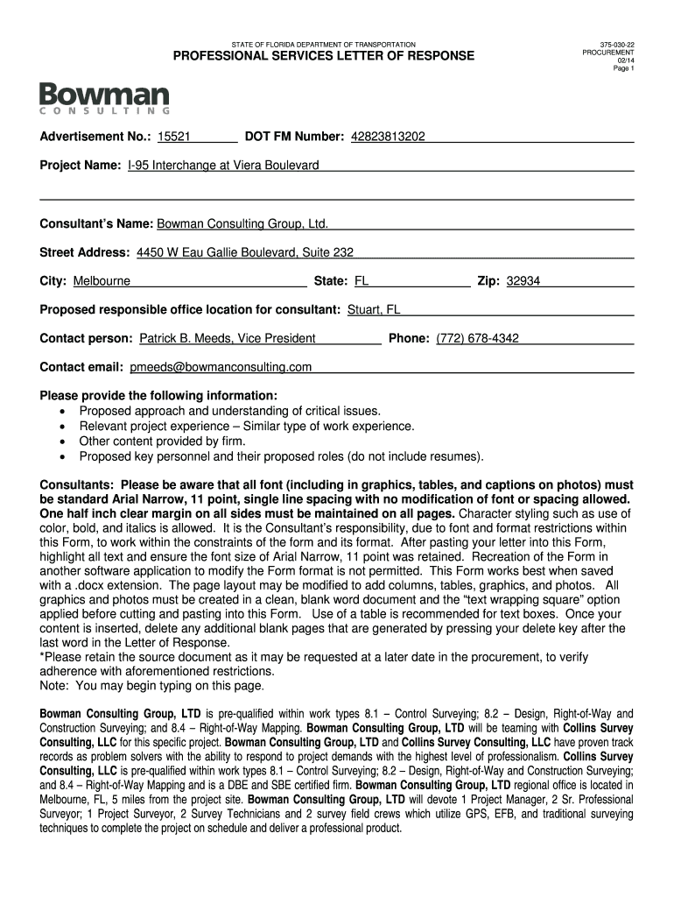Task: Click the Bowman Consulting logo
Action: pos(104,98)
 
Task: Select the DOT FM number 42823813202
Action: pos(388,137)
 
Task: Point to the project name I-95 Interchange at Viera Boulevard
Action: pos(223,165)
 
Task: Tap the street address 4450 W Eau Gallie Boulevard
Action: pos(245,252)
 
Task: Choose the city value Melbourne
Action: pos(102,281)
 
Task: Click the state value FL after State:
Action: pos(361,281)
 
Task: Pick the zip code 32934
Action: pos(523,281)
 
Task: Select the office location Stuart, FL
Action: pos(374,309)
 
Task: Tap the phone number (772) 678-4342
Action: pos(477,338)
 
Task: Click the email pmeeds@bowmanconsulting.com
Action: pos(221,366)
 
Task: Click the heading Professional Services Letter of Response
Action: pos(323,56)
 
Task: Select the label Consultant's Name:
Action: pos(96,223)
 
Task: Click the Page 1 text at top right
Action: pos(624,68)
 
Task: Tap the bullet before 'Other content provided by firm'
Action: pos(62,442)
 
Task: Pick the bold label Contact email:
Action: pos(82,366)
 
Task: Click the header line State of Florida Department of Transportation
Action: pos(323,44)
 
